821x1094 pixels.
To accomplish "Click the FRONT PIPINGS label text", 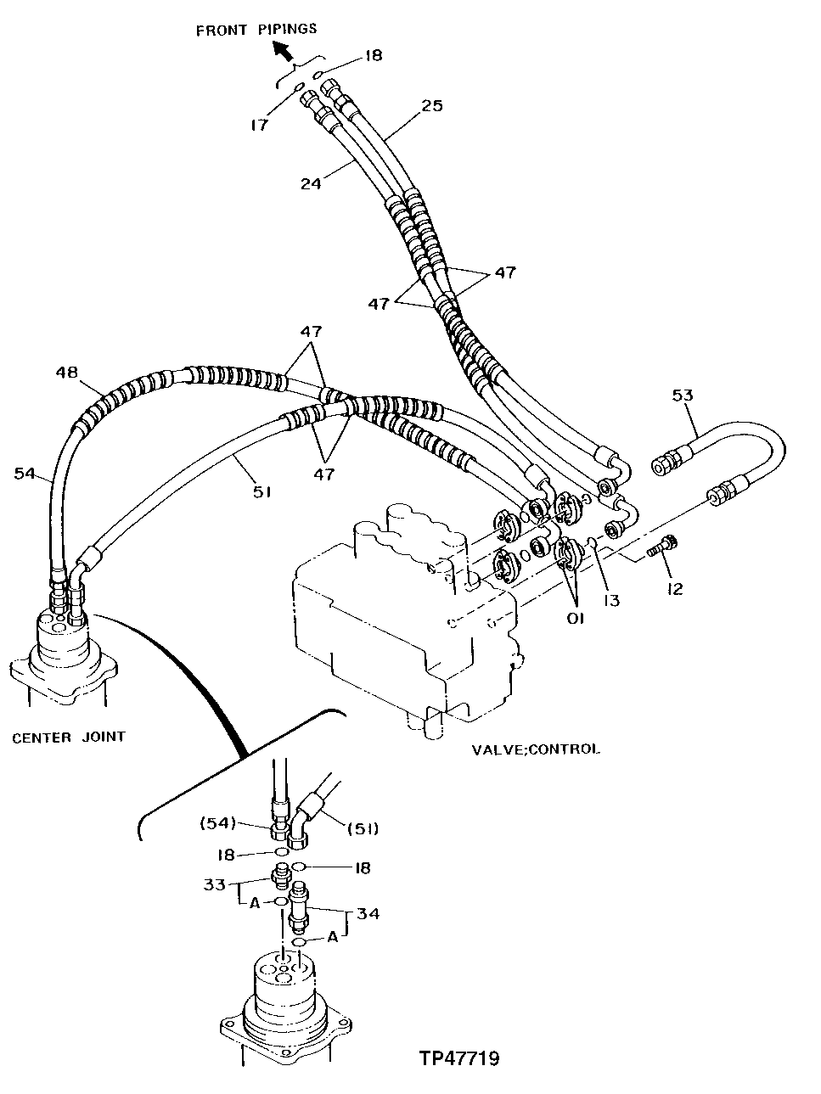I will [256, 30].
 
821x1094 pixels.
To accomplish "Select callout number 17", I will [259, 125].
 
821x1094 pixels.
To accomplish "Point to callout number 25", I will [432, 106].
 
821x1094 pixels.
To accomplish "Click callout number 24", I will [311, 182].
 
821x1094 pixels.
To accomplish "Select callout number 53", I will [682, 396].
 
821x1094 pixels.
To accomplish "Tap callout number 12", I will [675, 589].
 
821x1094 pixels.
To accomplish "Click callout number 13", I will [611, 601].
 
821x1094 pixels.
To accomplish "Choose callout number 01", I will [576, 620].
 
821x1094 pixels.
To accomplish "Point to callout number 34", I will [368, 914].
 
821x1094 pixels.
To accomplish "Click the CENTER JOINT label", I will [68, 737].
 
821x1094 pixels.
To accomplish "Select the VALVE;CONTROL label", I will [535, 749].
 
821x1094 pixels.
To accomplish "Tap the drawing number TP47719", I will [458, 1058].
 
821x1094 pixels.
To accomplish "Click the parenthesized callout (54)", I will [216, 822].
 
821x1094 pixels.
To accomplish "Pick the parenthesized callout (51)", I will [362, 828].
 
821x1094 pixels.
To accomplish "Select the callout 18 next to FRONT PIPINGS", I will [374, 56].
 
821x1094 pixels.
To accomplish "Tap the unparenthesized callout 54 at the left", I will [24, 473].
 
